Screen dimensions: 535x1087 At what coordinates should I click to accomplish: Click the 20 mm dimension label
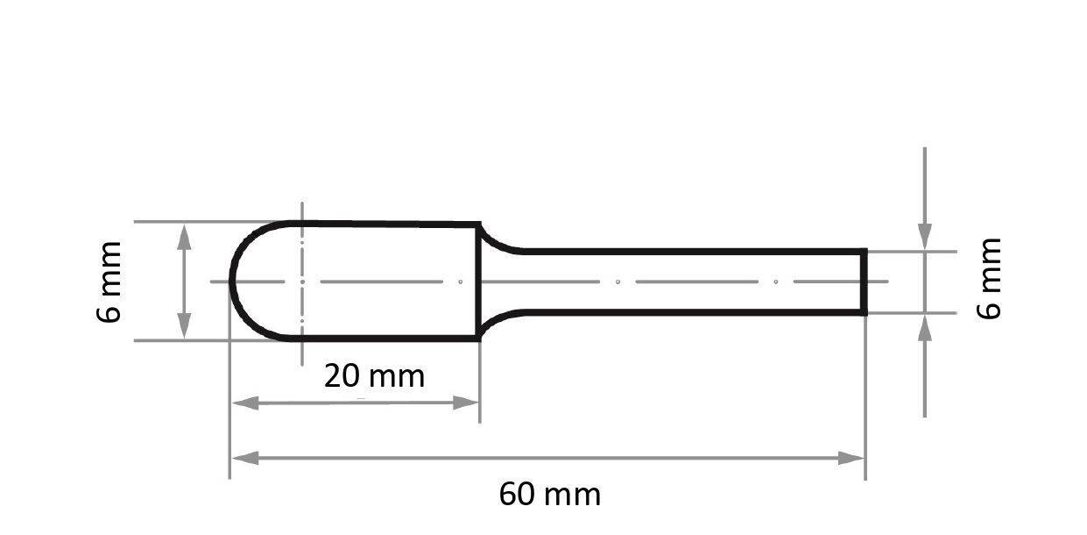[374, 376]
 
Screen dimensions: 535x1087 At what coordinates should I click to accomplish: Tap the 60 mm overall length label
[550, 495]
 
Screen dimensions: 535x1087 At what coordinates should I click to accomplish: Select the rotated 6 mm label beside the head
[110, 282]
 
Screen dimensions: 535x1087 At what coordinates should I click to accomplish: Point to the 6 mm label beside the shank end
[988, 278]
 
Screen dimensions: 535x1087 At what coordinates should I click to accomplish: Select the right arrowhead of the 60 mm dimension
[851, 458]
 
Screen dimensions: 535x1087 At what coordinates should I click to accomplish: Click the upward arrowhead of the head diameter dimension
[184, 236]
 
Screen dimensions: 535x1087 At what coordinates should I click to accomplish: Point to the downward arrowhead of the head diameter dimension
[184, 326]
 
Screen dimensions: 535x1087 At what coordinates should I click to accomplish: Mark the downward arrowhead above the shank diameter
[925, 236]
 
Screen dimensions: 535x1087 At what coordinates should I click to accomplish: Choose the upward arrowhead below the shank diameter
[925, 328]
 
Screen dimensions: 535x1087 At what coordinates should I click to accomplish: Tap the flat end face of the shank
[865, 282]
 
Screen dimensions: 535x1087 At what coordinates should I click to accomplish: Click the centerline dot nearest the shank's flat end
[776, 282]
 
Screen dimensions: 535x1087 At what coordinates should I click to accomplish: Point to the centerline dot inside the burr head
[461, 282]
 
